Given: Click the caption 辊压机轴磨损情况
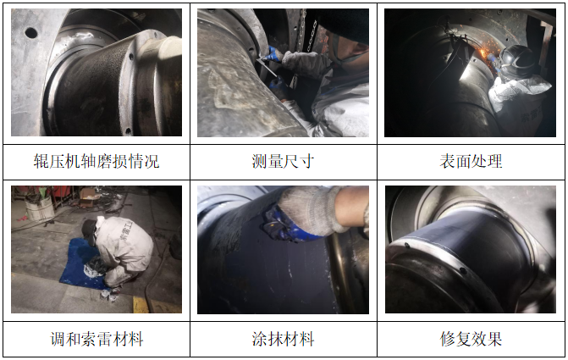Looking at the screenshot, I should tap(96, 161).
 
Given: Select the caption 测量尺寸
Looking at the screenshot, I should tap(284, 161).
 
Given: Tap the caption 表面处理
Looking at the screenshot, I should tap(471, 161).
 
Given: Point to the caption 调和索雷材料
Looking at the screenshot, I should tap(96, 340).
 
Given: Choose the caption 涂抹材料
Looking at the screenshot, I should tap(284, 340).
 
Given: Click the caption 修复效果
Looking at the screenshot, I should tap(471, 340).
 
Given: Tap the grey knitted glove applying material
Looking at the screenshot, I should tap(313, 208).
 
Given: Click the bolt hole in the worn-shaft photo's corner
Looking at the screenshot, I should tap(31, 33).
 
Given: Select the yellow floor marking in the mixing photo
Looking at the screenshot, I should tap(141, 303).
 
